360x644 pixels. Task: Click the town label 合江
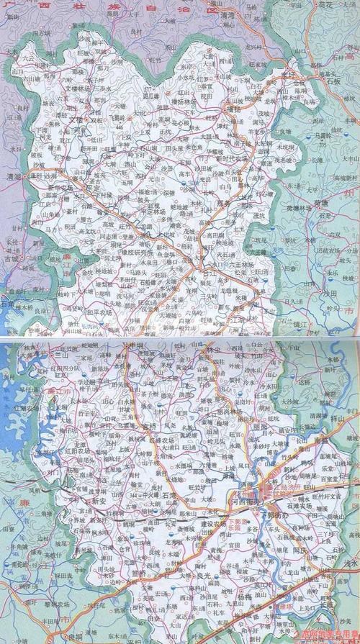click(x=210, y=273)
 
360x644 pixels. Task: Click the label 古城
click(x=12, y=256)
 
